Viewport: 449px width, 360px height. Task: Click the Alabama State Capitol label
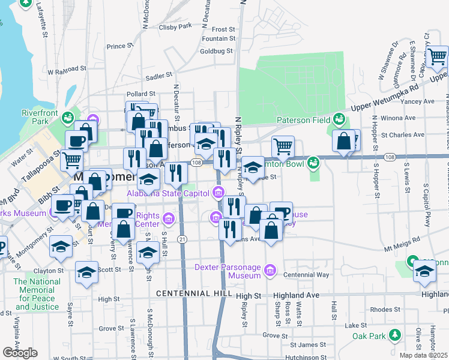click(x=167, y=193)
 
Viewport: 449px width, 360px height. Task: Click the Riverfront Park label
click(x=34, y=117)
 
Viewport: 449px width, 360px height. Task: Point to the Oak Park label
click(x=368, y=335)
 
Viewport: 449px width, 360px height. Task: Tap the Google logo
click(x=20, y=353)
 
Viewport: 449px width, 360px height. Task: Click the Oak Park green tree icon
click(x=394, y=334)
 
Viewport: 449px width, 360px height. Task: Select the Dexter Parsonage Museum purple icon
click(x=270, y=271)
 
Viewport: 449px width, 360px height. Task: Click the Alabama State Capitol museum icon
click(x=218, y=193)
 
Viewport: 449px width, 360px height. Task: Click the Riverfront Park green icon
click(x=69, y=115)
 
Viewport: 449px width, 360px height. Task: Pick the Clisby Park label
click(x=175, y=26)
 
